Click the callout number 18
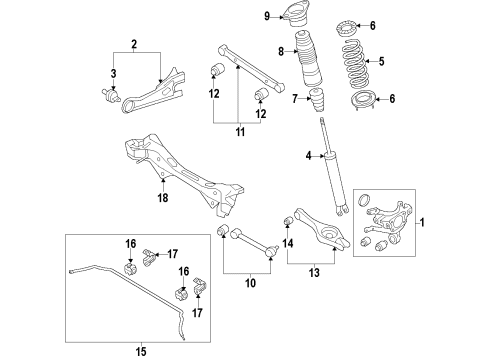click(163, 198)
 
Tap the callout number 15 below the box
click(141, 351)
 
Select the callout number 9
click(267, 16)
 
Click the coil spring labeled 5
click(355, 62)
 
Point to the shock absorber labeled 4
click(336, 167)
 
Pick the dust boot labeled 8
click(308, 59)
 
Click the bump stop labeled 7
click(316, 99)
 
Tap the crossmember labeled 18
click(183, 174)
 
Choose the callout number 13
click(314, 273)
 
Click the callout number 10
click(250, 283)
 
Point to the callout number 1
click(422, 222)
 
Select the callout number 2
click(134, 44)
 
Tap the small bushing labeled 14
click(288, 221)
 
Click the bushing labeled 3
click(111, 95)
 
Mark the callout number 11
click(240, 132)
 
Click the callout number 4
click(309, 155)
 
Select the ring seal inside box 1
click(364, 199)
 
